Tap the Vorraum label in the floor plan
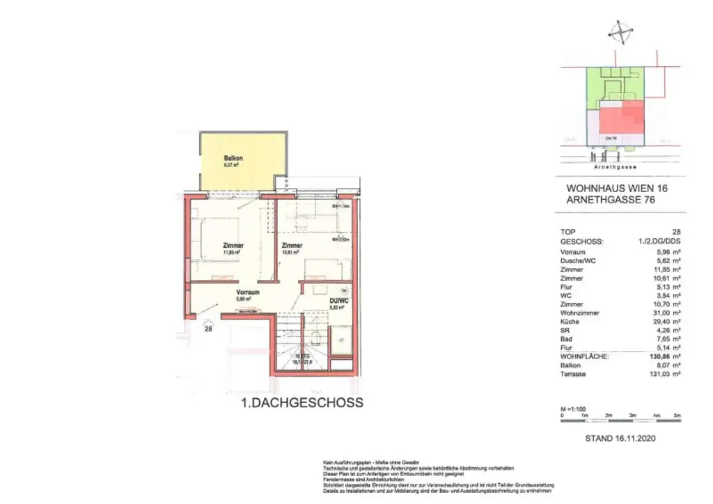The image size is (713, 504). coord(247,292)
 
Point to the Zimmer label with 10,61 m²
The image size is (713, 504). coord(292,246)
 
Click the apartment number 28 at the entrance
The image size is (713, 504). coord(207,330)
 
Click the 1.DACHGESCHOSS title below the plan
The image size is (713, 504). coord(292,402)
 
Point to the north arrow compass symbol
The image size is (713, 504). coord(620,31)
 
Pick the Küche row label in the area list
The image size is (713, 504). coord(570,322)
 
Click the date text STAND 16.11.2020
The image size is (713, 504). coord(620,439)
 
